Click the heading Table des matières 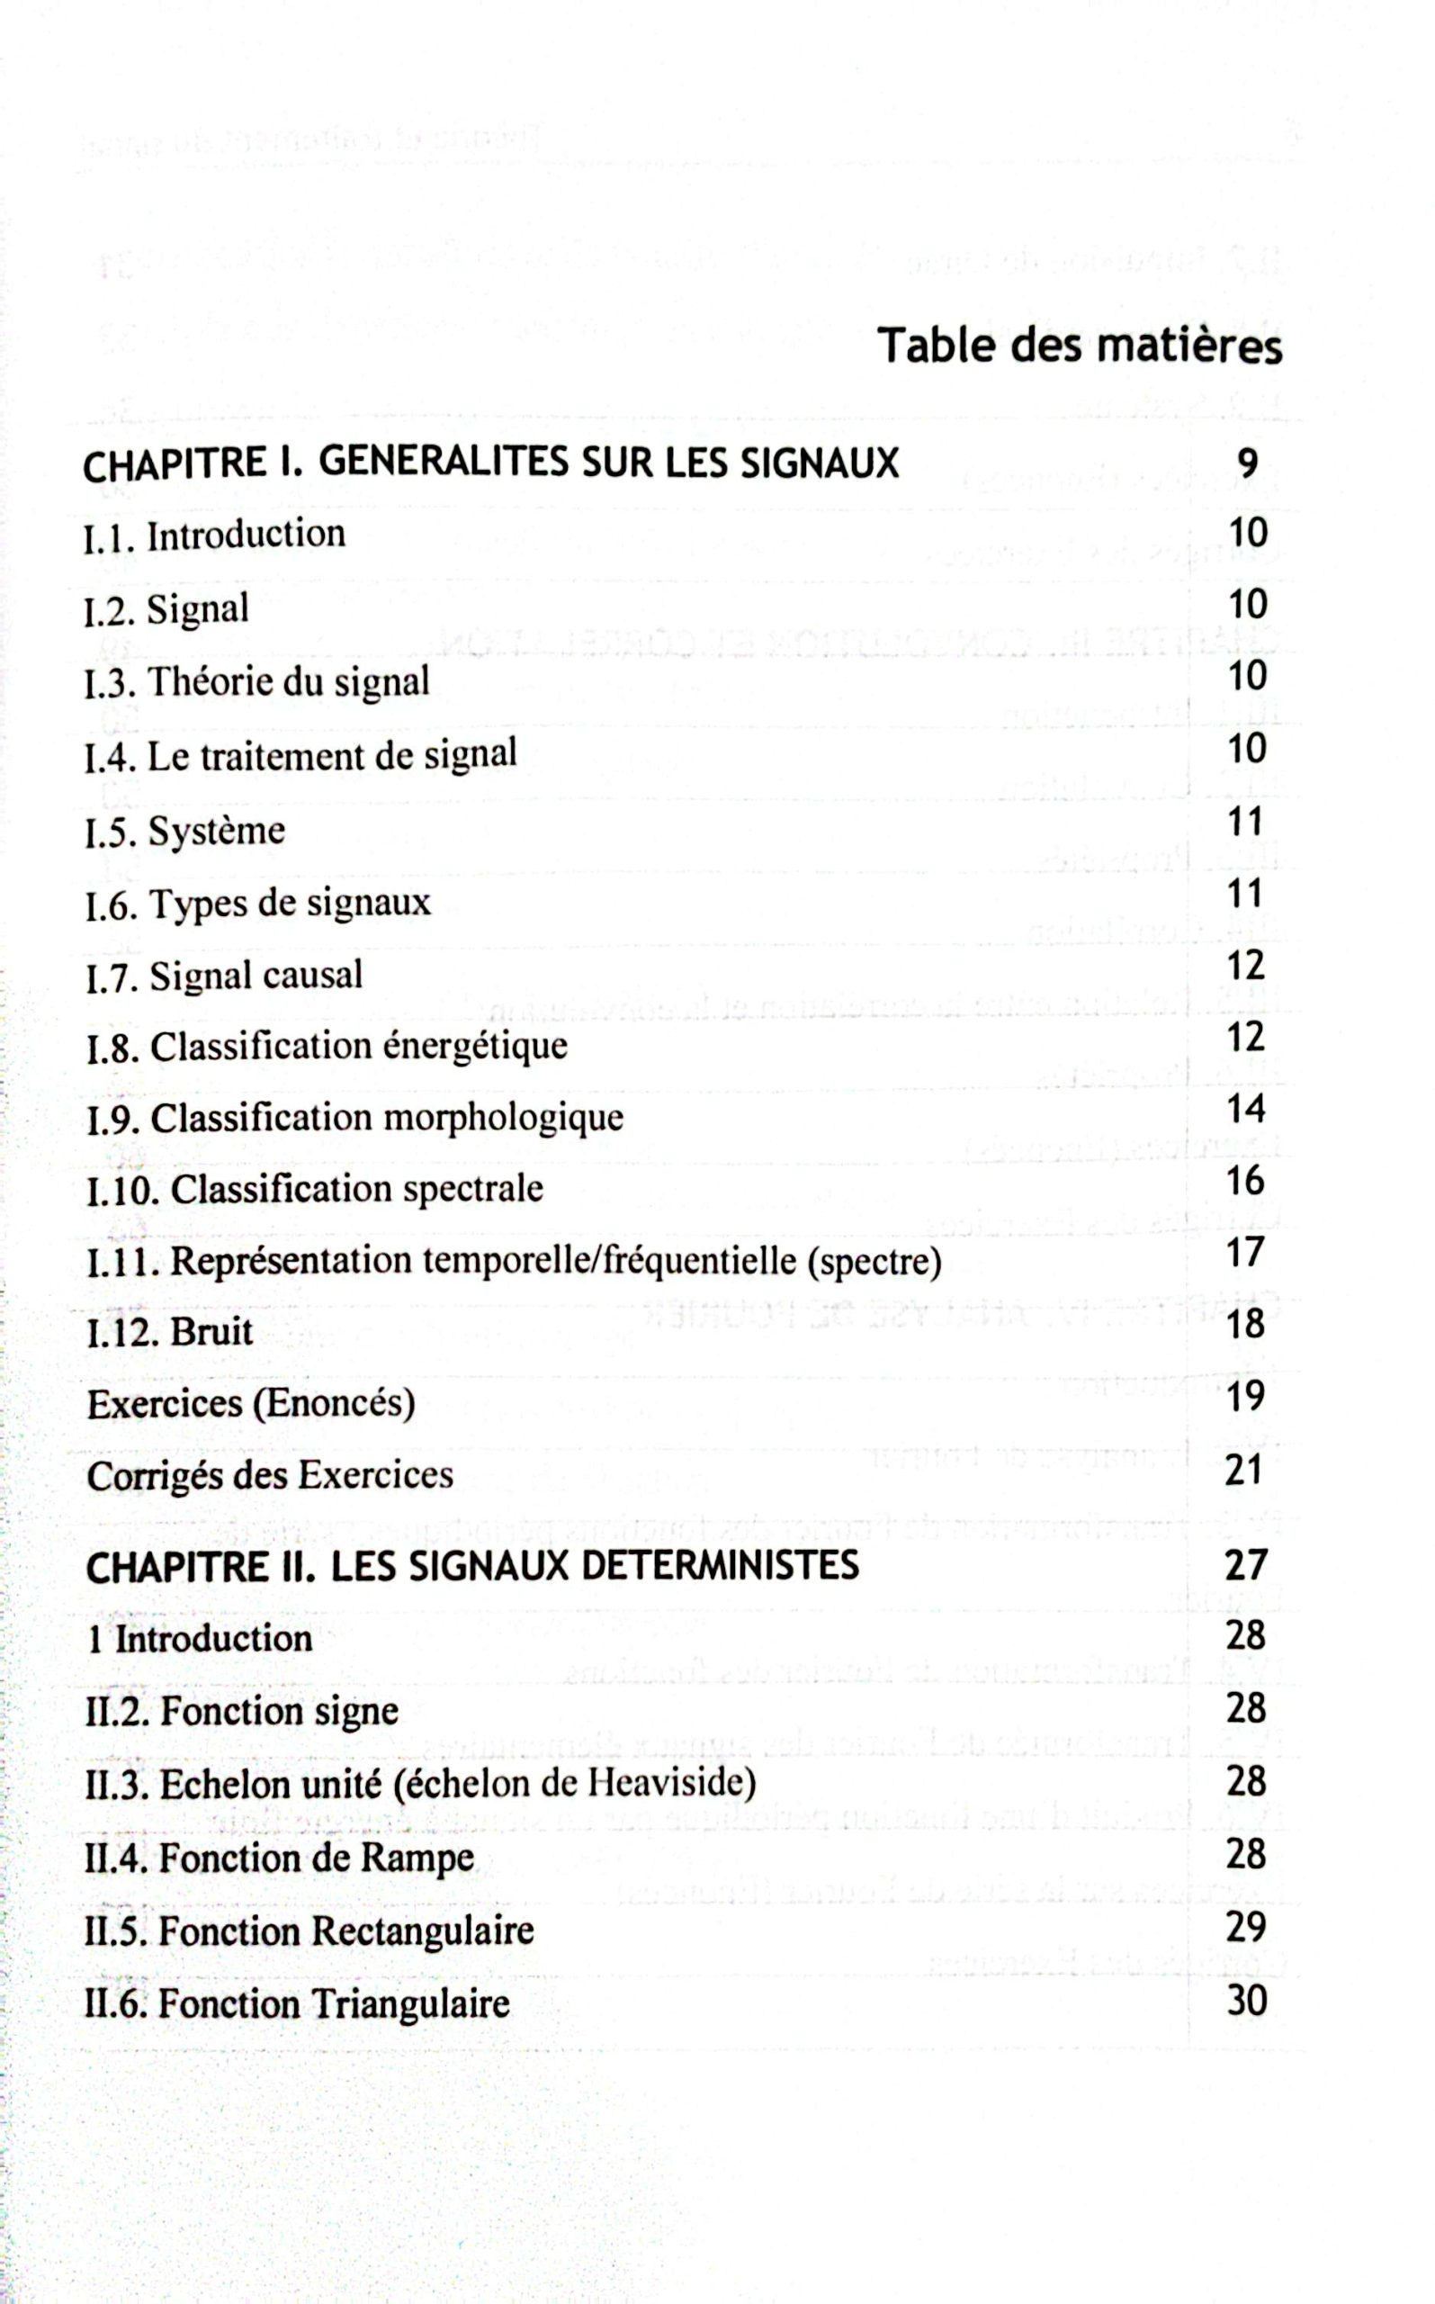point(1079,346)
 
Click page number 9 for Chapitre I point(1247,463)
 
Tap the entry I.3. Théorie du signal point(256,681)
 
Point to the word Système point(217,832)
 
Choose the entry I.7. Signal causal point(224,976)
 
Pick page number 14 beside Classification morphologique point(1245,1109)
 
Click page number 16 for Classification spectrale point(1245,1181)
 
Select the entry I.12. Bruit point(170,1332)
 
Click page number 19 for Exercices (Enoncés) point(1245,1397)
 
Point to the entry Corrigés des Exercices point(270,1475)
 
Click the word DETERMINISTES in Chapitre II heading point(720,1565)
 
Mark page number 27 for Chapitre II point(1245,1565)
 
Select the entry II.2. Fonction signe point(241,1712)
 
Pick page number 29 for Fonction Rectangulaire point(1245,1928)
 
